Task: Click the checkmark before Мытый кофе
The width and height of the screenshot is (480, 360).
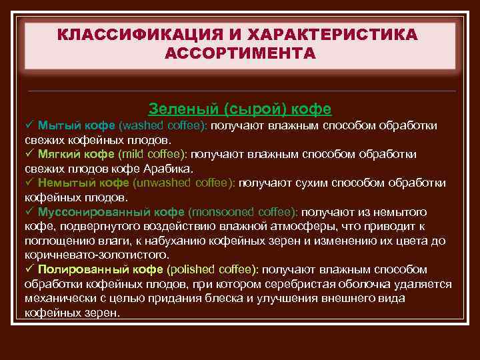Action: pyautogui.click(x=29, y=125)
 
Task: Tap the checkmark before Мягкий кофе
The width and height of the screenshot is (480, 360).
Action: pyautogui.click(x=29, y=154)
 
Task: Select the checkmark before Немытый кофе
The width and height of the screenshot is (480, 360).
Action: pyautogui.click(x=29, y=183)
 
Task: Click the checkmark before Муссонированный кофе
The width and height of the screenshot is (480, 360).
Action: pyautogui.click(x=29, y=212)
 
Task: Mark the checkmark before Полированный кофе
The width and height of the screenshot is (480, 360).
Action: pyautogui.click(x=29, y=269)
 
